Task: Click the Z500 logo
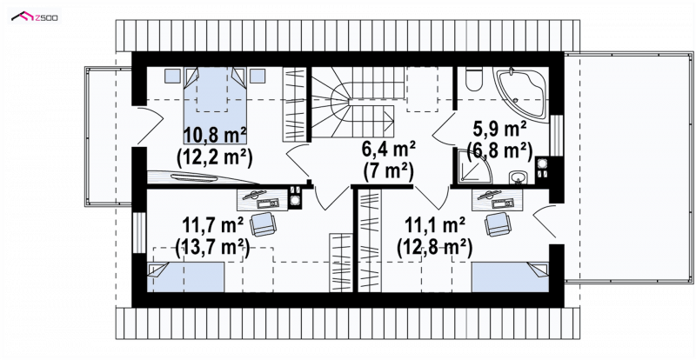[35, 17]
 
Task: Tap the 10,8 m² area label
[214, 135]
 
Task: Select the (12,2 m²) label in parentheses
[214, 157]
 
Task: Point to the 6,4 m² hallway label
[389, 149]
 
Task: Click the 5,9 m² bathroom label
[499, 130]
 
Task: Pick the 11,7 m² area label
[213, 225]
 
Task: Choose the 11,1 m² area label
[434, 225]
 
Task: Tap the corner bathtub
[522, 92]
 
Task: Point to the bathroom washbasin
[518, 177]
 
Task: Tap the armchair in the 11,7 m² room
[264, 224]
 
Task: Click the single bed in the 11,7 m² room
[185, 277]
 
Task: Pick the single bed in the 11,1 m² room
[511, 277]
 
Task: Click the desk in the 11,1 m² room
[497, 200]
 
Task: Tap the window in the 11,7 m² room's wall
[139, 232]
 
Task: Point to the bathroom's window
[556, 136]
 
